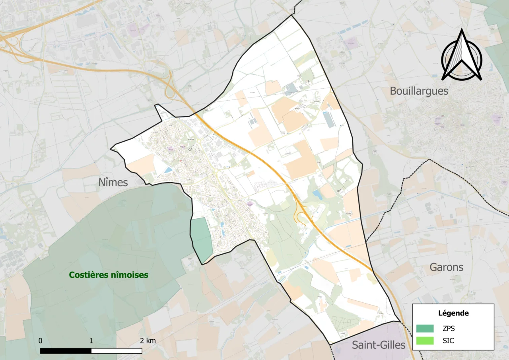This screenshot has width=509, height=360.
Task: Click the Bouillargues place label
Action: tap(419, 91)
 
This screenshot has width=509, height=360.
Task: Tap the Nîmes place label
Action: tap(114, 183)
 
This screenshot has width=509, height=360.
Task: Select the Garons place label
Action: tap(446, 267)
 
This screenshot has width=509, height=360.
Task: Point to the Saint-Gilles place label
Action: tap(378, 345)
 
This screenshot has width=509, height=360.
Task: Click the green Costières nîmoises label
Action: tap(109, 275)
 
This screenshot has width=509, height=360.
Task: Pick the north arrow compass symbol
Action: tap(462, 55)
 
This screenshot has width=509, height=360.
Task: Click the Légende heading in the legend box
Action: tap(453, 313)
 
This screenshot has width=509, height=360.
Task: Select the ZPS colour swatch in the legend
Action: tap(425, 329)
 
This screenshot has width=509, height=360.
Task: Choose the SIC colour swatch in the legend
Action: tap(425, 341)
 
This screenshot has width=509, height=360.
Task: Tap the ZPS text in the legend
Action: tap(449, 329)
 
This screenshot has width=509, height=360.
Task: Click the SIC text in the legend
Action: tap(448, 341)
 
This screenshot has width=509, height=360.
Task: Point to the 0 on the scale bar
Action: tap(41, 341)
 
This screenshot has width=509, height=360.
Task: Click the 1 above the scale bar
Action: tap(91, 341)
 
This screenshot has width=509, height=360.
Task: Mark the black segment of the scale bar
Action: tap(66, 351)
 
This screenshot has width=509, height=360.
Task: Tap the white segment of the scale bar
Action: tap(117, 351)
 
